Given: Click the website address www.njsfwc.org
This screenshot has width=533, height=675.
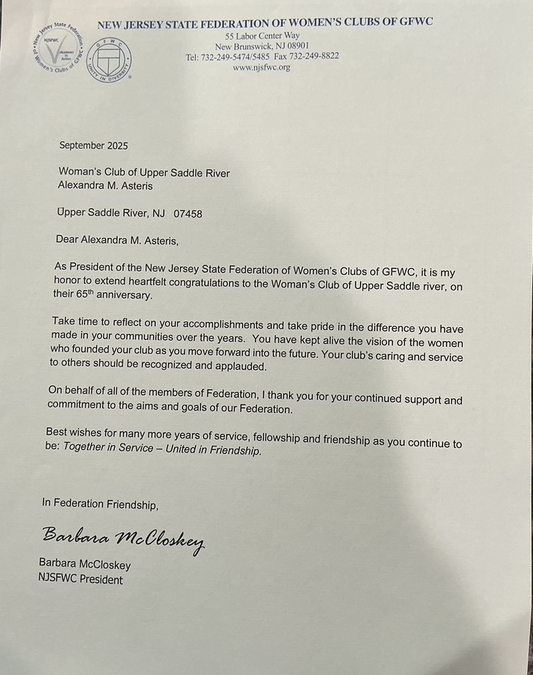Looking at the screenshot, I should pos(261,68).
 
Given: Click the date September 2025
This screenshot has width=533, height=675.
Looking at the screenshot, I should pos(93,145).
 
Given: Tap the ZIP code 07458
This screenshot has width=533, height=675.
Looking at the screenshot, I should pos(188,214).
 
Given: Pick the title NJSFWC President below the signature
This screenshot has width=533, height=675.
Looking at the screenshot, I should pos(81,580).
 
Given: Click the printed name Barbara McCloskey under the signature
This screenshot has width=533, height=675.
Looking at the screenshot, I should pos(85,565).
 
